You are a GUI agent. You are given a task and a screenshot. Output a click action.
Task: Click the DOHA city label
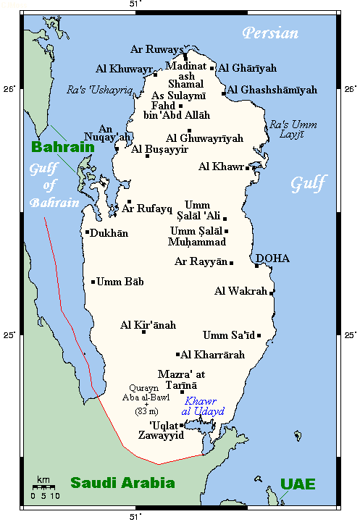pos(272,258)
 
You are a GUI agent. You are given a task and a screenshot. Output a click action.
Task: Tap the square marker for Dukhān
pos(87,232)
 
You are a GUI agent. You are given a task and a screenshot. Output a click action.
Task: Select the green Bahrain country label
pos(63,147)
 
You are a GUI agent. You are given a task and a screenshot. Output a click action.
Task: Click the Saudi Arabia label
pos(122,483)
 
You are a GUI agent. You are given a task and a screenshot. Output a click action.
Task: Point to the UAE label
pos(298,484)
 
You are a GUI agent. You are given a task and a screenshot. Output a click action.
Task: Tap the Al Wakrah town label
pos(241,292)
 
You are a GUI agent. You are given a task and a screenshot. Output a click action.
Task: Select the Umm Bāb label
pos(120,282)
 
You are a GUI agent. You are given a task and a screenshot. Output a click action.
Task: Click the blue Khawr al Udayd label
pos(205,406)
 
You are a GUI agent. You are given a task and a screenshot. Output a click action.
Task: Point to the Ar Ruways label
pos(157,49)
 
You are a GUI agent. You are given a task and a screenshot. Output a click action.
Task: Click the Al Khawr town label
pos(221,167)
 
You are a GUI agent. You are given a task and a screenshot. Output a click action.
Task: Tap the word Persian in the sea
pos(270,33)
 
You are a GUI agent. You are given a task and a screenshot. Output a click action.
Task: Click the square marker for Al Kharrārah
pos(177,355)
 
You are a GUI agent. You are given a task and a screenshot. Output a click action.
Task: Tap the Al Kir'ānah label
pos(148,325)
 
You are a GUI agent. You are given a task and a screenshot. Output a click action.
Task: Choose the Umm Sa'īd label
pos(229,334)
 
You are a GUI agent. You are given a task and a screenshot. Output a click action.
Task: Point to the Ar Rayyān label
pos(201,261)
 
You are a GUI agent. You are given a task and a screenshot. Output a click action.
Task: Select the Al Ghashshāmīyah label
pos(272,90)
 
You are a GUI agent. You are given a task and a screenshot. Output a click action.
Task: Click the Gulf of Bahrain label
pos(55,186)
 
